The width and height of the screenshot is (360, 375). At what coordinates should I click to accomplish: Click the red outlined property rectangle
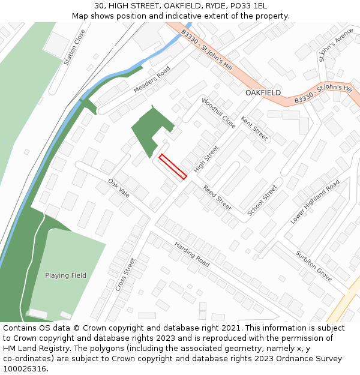(x=173, y=166)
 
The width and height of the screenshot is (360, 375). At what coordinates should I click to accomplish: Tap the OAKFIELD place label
(x=263, y=93)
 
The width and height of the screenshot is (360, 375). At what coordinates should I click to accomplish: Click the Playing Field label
(x=65, y=275)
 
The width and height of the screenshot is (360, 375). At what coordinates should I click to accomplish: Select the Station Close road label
(x=75, y=47)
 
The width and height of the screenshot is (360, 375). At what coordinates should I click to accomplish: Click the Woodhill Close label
(x=218, y=113)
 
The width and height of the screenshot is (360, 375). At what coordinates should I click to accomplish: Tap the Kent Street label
(x=254, y=128)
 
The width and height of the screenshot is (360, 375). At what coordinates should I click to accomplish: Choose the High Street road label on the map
(x=206, y=159)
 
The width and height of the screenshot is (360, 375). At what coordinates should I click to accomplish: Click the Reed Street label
(x=217, y=197)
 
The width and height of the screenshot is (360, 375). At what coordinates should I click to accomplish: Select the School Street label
(x=262, y=200)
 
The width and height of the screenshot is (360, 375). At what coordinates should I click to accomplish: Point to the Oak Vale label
(x=119, y=187)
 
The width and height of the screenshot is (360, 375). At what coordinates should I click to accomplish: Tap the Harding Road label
(x=191, y=254)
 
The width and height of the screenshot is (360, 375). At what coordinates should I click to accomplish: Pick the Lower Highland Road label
(x=315, y=202)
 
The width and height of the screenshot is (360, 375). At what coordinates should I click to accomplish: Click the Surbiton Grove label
(x=313, y=266)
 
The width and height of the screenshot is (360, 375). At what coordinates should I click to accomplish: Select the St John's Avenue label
(x=337, y=45)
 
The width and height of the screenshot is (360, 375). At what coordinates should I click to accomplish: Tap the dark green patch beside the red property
(x=149, y=132)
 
